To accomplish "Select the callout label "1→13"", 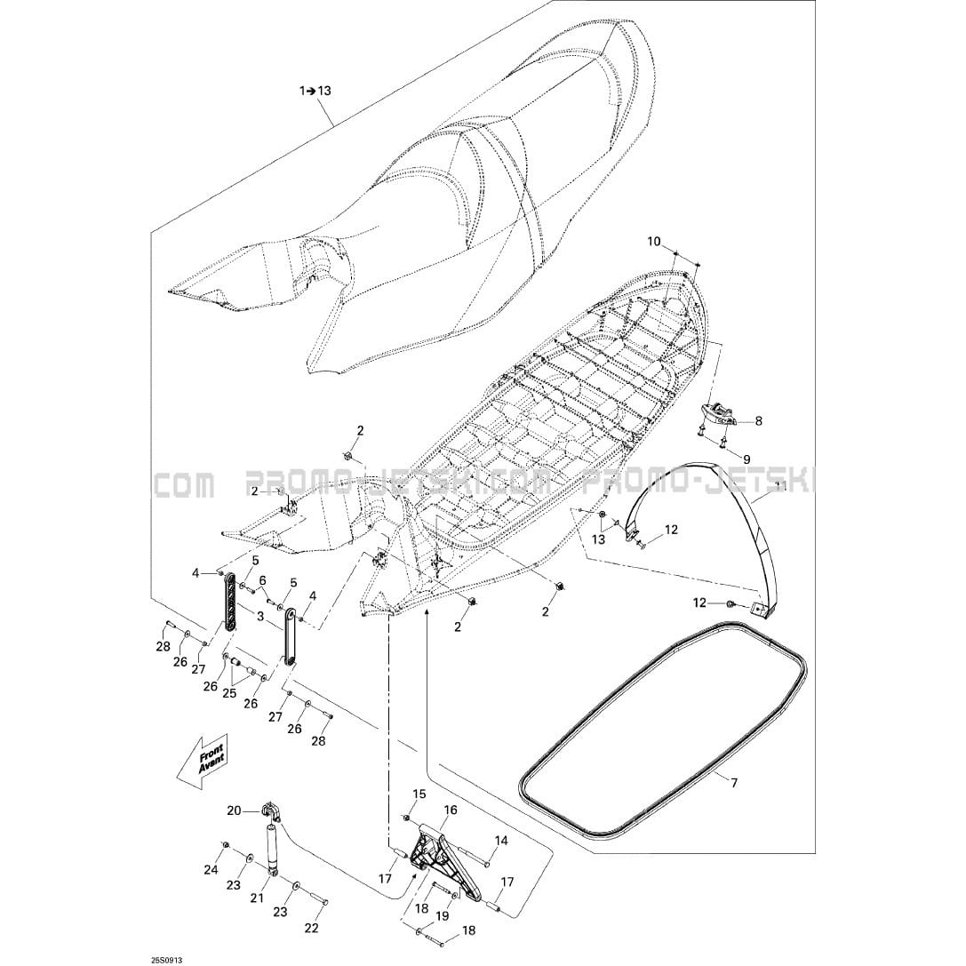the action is (x=315, y=91).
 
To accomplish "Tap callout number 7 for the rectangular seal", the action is (x=734, y=783).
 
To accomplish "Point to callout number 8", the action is (x=758, y=421).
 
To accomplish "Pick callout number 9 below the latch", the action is (x=746, y=459).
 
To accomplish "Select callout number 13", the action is (x=599, y=539).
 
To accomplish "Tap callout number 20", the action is (x=234, y=810).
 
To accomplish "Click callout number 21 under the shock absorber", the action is (x=257, y=898).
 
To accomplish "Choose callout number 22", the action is (x=312, y=928).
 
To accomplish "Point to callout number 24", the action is (x=212, y=870).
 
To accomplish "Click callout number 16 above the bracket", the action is (x=451, y=810).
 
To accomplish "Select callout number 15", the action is (x=419, y=794).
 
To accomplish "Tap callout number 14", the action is (x=501, y=841).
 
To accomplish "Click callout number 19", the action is (x=443, y=917).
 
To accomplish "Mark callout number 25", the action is (x=230, y=693).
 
